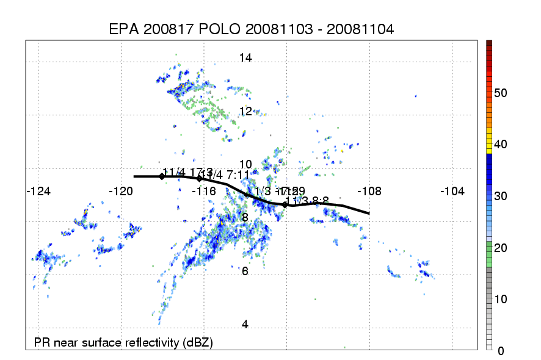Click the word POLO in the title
(212, 29)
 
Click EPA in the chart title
(123, 29)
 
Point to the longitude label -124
(38, 191)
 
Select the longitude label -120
(121, 191)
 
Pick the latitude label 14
(245, 58)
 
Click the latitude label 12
(245, 111)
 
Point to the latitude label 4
(245, 325)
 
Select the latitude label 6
(245, 271)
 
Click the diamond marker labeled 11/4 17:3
(162, 176)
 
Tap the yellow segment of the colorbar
(489, 146)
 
